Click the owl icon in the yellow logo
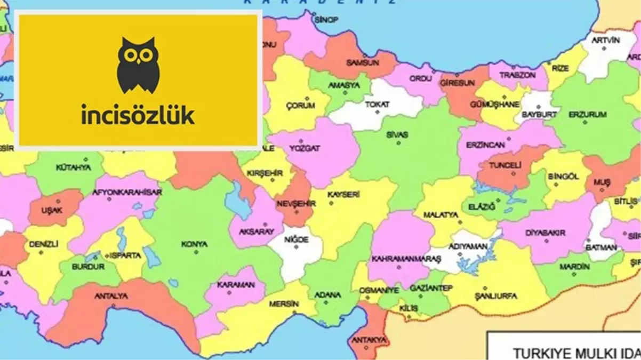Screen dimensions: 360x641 138,65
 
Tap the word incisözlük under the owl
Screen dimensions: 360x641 138,115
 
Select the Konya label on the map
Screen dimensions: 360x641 194,244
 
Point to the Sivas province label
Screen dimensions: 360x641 397,135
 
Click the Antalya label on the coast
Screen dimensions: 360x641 111,295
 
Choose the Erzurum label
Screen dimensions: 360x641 588,115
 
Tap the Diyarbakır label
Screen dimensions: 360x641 546,233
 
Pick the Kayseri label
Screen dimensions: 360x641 344,195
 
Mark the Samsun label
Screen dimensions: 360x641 363,62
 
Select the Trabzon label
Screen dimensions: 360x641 517,75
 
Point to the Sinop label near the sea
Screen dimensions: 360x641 326,20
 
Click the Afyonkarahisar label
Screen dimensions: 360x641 126,192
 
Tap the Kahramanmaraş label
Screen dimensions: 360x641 399,259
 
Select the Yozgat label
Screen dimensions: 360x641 306,149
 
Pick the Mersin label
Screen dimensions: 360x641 284,303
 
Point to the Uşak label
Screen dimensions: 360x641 52,210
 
